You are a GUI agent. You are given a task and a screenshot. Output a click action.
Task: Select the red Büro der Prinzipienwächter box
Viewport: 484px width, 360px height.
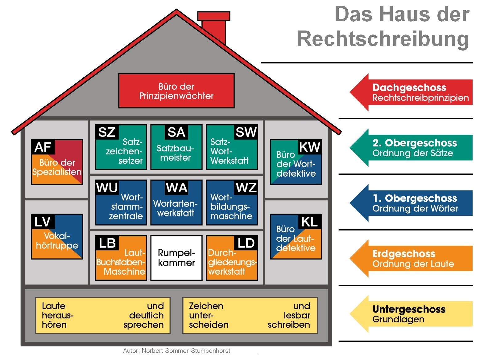click(x=176, y=91)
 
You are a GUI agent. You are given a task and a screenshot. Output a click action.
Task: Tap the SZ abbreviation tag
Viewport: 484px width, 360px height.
click(x=106, y=132)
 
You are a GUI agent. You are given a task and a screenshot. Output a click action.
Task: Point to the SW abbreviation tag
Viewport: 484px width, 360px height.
click(x=246, y=132)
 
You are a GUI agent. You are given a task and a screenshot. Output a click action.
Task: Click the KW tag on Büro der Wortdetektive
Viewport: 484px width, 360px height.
click(x=309, y=147)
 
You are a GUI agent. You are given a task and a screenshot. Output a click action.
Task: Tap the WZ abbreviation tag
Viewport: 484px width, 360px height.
click(x=246, y=187)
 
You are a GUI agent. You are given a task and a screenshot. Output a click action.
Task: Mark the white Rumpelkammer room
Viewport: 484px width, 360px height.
click(x=176, y=258)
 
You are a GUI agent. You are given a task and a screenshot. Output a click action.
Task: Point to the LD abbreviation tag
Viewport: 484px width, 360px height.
click(x=246, y=243)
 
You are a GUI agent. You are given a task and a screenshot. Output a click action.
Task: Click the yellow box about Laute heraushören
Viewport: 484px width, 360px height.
click(x=103, y=315)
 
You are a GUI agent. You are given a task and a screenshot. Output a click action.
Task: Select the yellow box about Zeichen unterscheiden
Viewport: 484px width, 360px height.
click(x=250, y=315)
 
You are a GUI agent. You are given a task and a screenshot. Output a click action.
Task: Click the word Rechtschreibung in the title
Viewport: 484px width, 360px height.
click(x=383, y=39)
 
